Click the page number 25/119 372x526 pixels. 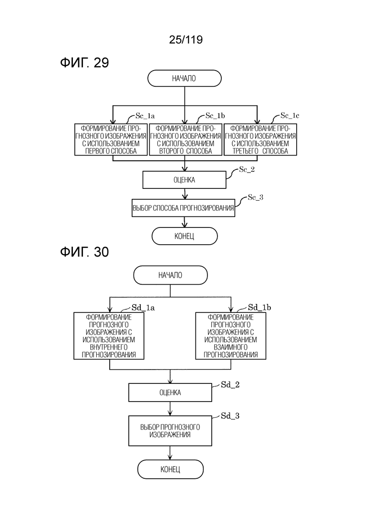coord(186,40)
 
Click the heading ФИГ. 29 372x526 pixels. coord(84,62)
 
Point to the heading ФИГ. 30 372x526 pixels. coord(84,252)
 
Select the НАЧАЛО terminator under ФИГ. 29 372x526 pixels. coord(184,78)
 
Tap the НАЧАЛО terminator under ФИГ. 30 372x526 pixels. coord(170,275)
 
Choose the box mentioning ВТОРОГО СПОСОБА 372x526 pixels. coord(185,139)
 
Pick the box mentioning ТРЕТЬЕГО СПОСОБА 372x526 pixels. coord(260,139)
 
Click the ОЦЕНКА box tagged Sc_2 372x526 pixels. coord(184,180)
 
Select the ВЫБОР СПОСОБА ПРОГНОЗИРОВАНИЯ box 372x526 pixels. coord(184,208)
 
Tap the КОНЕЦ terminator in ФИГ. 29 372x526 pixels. coord(184,236)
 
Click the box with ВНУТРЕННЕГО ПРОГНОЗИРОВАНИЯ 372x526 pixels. coord(109,335)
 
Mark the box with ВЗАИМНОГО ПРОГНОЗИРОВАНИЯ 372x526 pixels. coord(231,335)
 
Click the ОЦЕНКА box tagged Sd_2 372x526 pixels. coord(170,393)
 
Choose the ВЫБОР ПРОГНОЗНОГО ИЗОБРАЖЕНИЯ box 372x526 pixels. coord(170,431)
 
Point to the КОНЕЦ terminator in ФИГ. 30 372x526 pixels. coord(170,469)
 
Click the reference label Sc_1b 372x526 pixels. coord(215,115)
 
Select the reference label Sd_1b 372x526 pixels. coord(259,308)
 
